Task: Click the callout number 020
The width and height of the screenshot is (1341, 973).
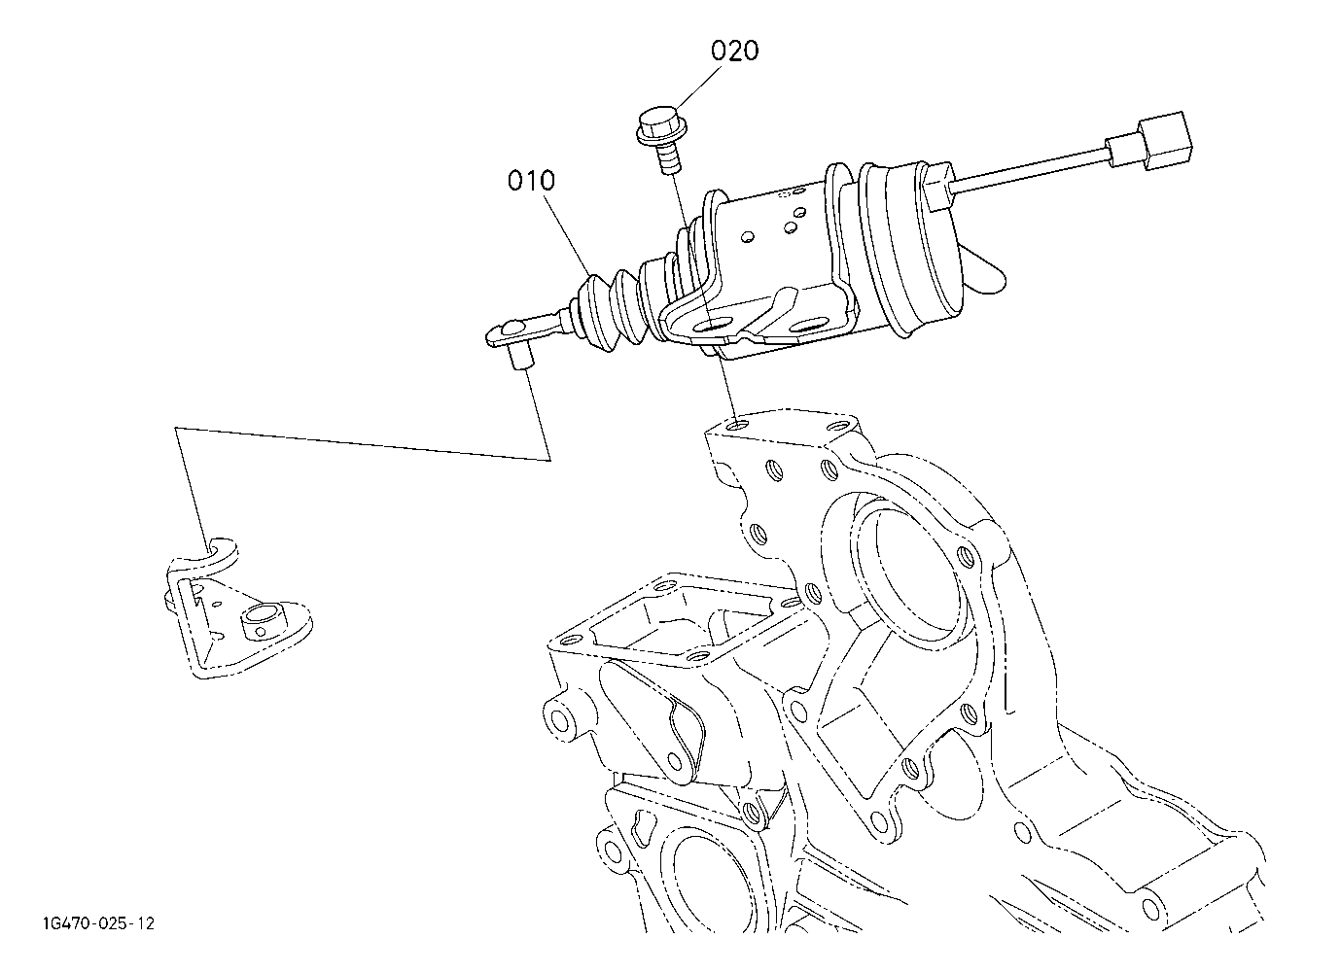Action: click(734, 51)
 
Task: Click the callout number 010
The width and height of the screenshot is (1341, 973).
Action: click(532, 180)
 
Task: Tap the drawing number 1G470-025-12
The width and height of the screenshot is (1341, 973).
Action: click(99, 923)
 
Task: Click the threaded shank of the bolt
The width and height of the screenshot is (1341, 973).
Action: click(670, 159)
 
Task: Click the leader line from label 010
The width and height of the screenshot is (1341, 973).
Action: click(568, 236)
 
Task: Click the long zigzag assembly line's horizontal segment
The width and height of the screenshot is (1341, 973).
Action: click(362, 443)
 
